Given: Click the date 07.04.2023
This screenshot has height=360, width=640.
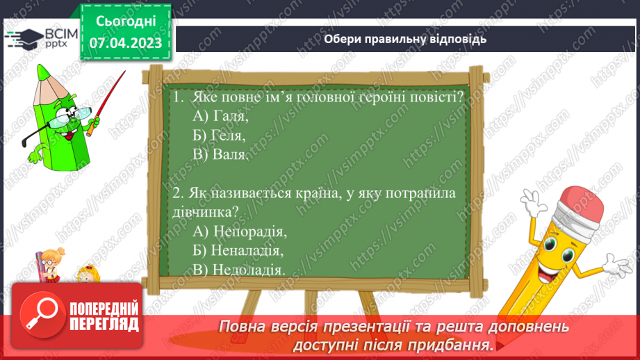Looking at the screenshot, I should pyautogui.click(x=124, y=43).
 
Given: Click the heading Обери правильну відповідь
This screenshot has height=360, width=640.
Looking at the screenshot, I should pyautogui.click(x=405, y=39).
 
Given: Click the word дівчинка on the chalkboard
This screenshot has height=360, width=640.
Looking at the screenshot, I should pyautogui.click(x=199, y=212).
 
